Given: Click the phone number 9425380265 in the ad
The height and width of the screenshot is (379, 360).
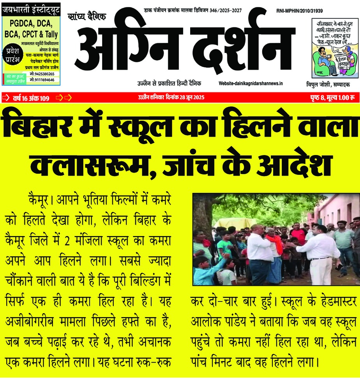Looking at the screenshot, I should pos(42,74).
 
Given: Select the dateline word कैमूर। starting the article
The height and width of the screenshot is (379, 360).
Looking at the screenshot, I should pos(41,201).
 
